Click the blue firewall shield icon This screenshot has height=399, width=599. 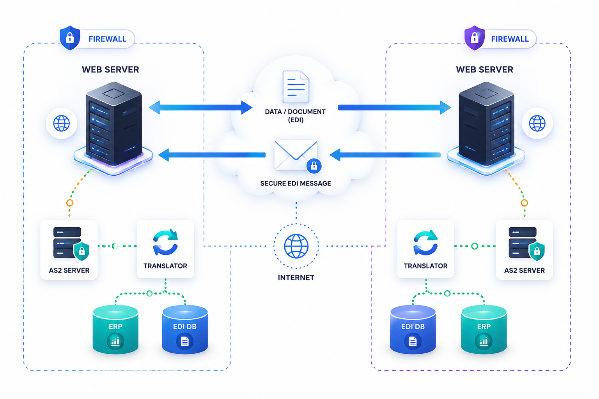tap(70, 38)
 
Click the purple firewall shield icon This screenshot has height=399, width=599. tap(475, 38)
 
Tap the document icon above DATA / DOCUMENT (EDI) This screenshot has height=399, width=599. tap(296, 87)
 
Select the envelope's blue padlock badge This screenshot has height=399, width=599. tap(314, 166)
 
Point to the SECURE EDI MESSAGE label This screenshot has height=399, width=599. tap(296, 184)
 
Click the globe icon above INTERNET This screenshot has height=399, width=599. tap(296, 246)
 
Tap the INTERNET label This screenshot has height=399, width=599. tap(296, 278)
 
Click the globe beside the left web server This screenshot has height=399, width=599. tap(62, 123)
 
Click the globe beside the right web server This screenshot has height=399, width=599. tap(537, 123)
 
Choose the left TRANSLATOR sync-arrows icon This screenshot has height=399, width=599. tap(165, 242)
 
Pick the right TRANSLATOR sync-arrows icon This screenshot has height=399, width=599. tap(425, 242)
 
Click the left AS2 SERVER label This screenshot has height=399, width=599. tap(69, 270)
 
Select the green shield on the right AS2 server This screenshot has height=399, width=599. tap(537, 251)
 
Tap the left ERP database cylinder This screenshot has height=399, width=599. tap(115, 330)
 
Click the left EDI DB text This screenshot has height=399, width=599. tap(185, 327)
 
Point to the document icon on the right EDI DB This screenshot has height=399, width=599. tap(413, 341)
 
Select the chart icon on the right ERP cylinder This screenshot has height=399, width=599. tap(484, 341)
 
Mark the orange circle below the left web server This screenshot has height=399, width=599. tap(70, 203)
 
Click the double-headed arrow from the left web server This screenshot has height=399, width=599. tap(200, 108)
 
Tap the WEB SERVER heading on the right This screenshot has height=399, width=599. tap(485, 69)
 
